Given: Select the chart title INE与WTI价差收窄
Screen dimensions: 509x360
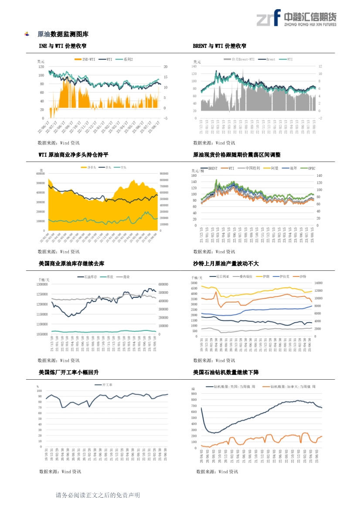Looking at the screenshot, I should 62,46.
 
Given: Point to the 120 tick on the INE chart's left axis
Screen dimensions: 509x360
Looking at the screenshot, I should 41,67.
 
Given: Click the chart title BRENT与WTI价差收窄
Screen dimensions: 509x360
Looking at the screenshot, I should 219,46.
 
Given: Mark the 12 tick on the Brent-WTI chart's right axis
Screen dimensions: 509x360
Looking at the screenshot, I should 320,67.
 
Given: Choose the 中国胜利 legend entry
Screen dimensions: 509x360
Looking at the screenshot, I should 252,168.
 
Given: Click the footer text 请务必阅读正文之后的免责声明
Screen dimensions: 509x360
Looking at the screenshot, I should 98,496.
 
